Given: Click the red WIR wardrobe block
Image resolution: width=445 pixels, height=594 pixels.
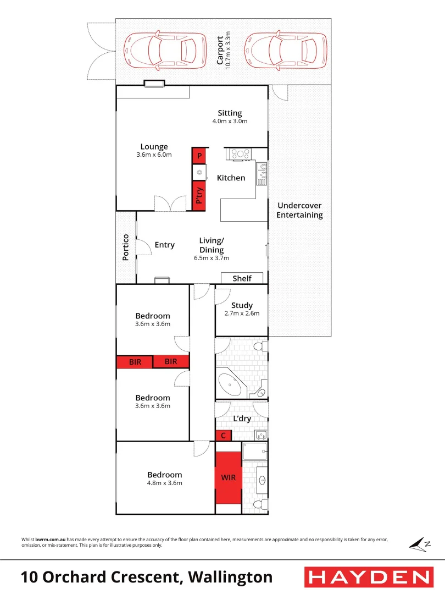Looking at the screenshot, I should click(229, 477).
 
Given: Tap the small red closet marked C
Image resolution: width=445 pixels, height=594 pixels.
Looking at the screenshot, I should click(223, 436).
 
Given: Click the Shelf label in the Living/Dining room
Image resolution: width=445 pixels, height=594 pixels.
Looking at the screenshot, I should click(242, 278).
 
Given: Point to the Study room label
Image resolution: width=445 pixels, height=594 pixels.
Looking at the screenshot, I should click(242, 305).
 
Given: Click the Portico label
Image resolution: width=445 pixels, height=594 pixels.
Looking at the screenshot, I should click(126, 247).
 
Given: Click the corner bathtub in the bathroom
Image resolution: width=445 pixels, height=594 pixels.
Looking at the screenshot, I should click(230, 385).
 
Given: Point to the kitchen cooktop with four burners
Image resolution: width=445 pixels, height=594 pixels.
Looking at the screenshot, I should click(240, 154).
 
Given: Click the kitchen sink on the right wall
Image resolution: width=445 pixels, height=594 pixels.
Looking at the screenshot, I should click(262, 173).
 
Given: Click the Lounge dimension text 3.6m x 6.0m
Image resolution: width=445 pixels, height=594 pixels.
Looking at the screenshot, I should click(154, 155).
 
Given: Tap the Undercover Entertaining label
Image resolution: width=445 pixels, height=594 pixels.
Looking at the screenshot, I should click(299, 210).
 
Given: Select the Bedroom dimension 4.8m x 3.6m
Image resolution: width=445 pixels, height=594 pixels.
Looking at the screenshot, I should click(164, 483).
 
